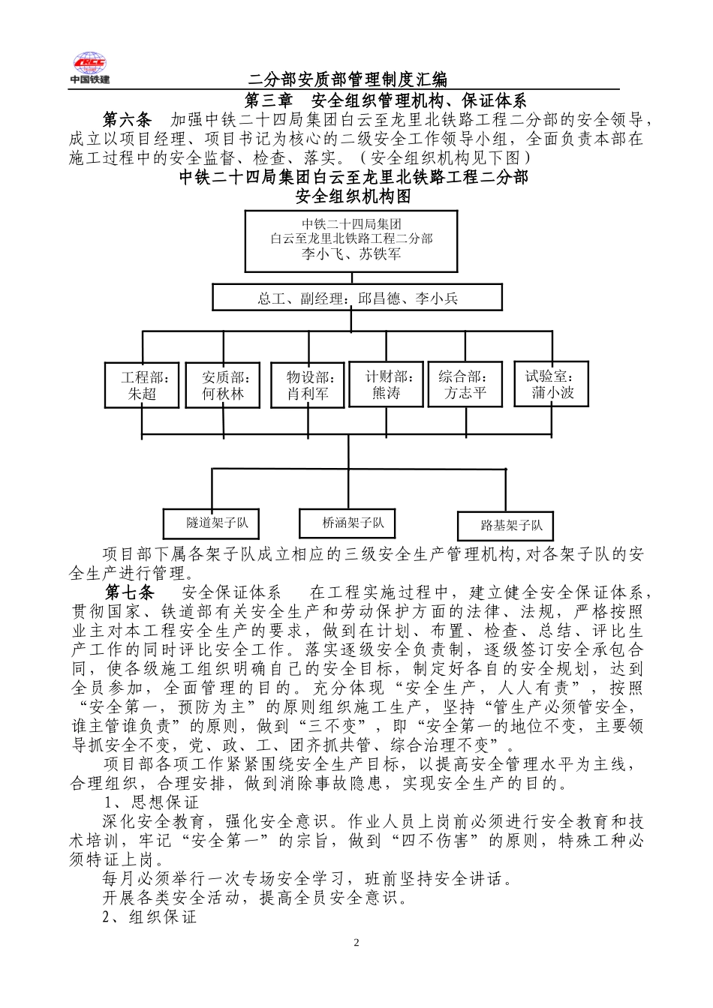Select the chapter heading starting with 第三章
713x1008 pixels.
click(x=387, y=100)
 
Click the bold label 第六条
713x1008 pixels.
click(x=127, y=120)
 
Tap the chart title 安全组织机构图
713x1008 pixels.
click(x=353, y=197)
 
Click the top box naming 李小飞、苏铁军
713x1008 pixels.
click(x=350, y=240)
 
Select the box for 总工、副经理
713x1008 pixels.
click(x=357, y=298)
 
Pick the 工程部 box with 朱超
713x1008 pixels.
click(x=141, y=385)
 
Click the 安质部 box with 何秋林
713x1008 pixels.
click(x=223, y=385)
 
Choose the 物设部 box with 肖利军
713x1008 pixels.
click(x=308, y=385)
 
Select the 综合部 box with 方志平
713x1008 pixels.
click(x=465, y=385)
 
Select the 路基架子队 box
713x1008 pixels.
click(x=505, y=525)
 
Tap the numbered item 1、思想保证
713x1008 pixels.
click(x=149, y=802)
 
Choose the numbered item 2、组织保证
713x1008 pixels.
click(x=149, y=916)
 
